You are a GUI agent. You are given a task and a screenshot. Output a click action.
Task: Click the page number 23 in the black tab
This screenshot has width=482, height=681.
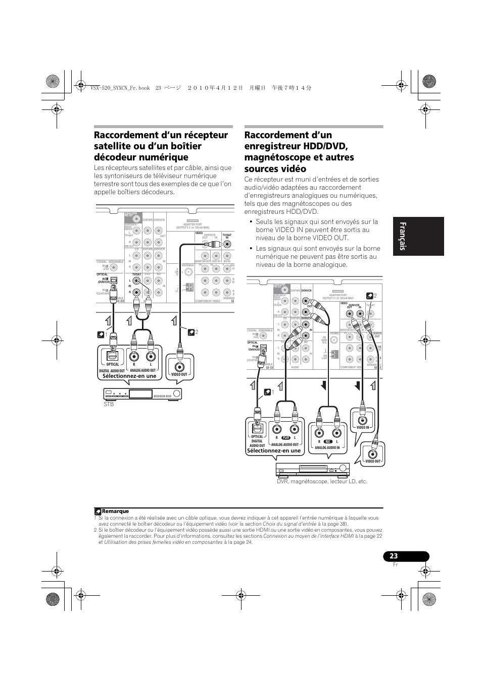(x=394, y=556)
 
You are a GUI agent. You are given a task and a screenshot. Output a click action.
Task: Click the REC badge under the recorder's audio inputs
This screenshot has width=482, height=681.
(x=328, y=441)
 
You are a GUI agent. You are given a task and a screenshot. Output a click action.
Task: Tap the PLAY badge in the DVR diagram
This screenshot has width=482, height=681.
(x=285, y=437)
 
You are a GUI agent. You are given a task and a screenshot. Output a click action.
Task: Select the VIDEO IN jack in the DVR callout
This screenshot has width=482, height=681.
(x=362, y=419)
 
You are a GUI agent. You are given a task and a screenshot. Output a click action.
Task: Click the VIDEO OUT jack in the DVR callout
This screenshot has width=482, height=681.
(x=373, y=453)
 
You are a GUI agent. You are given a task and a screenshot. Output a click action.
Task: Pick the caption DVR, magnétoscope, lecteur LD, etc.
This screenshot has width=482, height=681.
(x=322, y=482)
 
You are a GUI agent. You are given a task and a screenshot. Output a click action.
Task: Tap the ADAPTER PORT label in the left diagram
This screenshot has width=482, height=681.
(x=192, y=224)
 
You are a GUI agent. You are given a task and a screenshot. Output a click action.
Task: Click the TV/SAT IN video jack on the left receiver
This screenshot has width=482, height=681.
(x=227, y=243)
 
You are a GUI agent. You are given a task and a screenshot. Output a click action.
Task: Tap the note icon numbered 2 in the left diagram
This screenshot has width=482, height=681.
(x=190, y=332)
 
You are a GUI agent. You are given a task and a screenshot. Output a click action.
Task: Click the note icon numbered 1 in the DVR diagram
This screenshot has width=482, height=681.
(x=268, y=392)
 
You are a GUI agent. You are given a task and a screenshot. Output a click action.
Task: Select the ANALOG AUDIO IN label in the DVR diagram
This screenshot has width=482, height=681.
(x=327, y=448)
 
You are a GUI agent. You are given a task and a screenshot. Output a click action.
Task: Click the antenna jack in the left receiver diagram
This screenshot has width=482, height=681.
(x=188, y=272)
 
